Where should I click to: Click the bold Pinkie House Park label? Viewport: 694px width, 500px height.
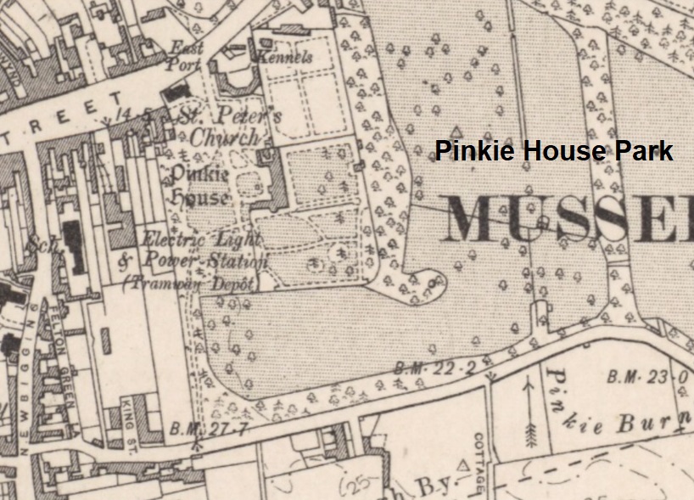pyautogui.click(x=554, y=151)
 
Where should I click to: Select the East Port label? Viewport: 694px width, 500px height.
pyautogui.click(x=186, y=55)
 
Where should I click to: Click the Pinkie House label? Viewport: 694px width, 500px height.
pyautogui.click(x=200, y=185)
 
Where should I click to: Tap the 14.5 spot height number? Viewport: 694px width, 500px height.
pyautogui.click(x=137, y=111)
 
